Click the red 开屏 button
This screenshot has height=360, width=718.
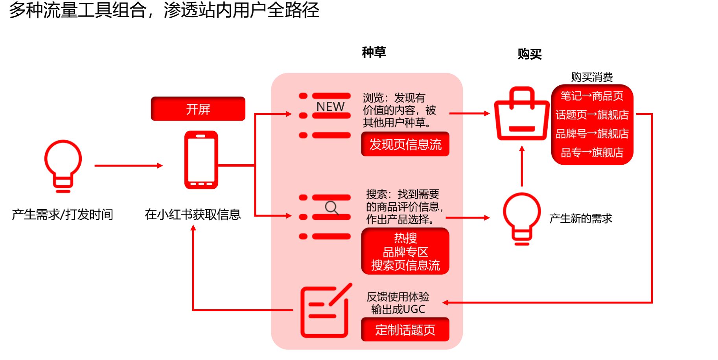click(x=198, y=109)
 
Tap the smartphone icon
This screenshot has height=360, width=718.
click(x=201, y=160)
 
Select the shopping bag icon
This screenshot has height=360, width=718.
click(x=521, y=115)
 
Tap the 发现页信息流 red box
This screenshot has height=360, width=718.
click(x=405, y=144)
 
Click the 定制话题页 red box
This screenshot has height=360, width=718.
click(x=405, y=329)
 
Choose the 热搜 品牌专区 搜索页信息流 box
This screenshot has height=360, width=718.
click(x=405, y=252)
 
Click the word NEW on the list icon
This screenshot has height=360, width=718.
click(x=330, y=107)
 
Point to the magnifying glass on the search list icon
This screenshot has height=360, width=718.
click(x=331, y=208)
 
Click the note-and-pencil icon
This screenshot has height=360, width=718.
click(x=325, y=312)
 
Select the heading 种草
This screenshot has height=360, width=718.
click(x=374, y=52)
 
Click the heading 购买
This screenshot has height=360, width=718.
click(x=529, y=54)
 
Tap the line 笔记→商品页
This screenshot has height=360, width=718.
click(x=592, y=96)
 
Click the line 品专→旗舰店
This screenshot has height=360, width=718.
click(x=592, y=152)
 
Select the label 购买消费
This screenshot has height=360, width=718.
click(x=592, y=77)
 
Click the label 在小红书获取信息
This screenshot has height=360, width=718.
click(x=193, y=215)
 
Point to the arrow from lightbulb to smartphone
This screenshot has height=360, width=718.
click(x=128, y=165)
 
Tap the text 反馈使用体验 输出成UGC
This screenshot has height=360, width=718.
click(x=398, y=303)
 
